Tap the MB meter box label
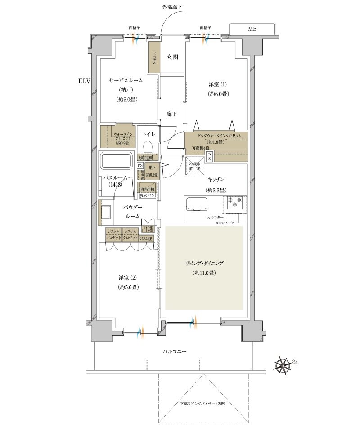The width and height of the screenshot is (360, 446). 252,29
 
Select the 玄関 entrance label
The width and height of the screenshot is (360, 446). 172,57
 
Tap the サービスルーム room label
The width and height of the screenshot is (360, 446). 126,80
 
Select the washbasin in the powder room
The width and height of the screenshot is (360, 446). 106,212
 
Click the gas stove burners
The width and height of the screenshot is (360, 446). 235,202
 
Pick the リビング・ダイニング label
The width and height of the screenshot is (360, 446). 204,263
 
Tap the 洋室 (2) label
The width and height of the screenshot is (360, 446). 126,278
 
